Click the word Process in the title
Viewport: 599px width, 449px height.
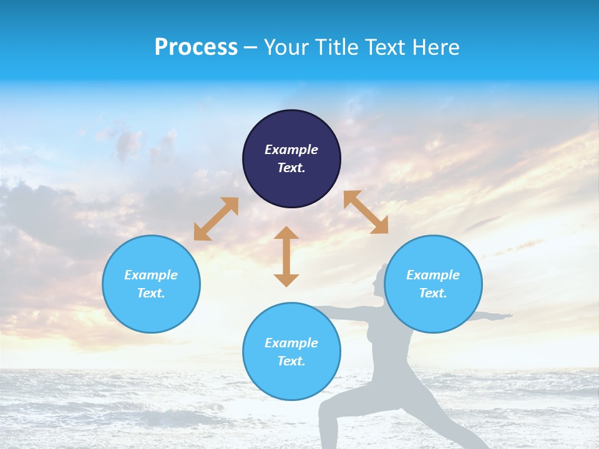pos(196,47)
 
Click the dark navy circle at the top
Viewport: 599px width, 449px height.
pos(291,159)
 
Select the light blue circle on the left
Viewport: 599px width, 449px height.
pos(151,284)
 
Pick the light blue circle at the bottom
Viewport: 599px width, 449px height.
pos(291,352)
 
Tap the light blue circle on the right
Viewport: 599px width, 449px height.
pos(433,284)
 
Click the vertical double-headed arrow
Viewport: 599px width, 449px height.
pos(286,256)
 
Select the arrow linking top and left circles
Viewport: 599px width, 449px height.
pos(216,219)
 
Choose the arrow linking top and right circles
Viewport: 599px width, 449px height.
pos(366,212)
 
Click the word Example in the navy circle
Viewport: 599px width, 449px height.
pos(291,150)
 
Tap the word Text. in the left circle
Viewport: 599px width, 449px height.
pos(151,293)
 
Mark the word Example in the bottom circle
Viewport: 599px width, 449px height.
pos(291,343)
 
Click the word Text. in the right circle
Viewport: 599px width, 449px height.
pos(433,293)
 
